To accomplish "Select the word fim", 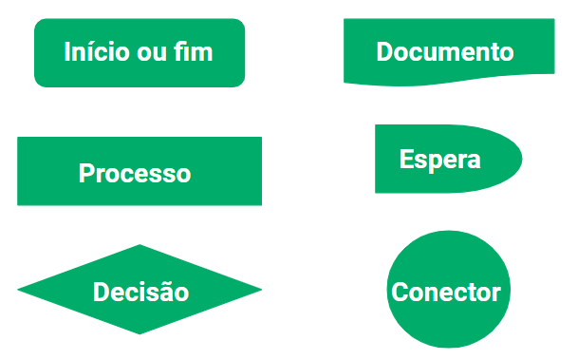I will [195, 51].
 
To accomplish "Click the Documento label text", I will [445, 51].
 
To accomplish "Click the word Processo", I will [135, 174].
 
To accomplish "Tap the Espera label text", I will [439, 159].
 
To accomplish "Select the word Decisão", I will [140, 292].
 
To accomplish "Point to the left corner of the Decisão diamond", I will [21, 290].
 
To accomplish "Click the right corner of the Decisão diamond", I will [258, 290].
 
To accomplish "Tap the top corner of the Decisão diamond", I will [140, 247].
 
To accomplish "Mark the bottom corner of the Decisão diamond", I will [140, 332].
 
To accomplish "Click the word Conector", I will [446, 292].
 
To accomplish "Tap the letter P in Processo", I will [86, 174].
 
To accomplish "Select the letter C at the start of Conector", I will [400, 292].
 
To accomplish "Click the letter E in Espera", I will [406, 159].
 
